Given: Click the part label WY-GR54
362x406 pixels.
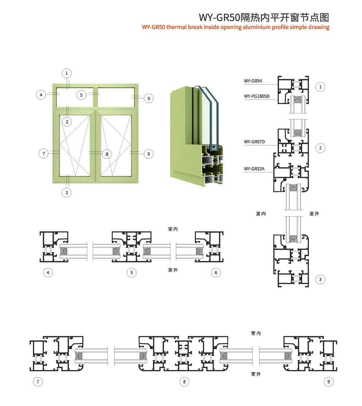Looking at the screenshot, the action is [x=253, y=81].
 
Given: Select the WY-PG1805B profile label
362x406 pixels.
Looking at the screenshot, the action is [x=257, y=96].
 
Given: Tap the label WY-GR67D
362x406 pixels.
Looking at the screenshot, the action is [x=254, y=142].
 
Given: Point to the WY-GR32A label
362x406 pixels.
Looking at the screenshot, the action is [x=254, y=169].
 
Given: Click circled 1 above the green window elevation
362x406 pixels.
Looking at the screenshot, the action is [x=66, y=73].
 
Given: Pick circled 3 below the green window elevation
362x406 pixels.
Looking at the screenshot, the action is [x=66, y=193].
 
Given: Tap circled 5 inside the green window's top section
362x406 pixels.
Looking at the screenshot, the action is [x=81, y=95].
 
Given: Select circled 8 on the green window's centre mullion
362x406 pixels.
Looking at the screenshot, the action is [x=107, y=154].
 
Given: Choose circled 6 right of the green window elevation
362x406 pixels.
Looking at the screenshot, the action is [x=149, y=98].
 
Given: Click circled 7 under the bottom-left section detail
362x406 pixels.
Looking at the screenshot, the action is [x=38, y=382].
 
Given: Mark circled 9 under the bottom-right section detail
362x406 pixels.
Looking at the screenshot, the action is [x=329, y=382].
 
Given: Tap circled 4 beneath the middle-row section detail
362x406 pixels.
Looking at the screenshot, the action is [x=48, y=273].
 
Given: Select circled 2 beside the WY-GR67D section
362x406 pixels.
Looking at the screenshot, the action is [x=320, y=148].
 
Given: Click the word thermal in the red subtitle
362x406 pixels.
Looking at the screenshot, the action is [x=176, y=27].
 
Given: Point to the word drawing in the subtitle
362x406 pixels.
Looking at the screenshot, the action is [x=319, y=27].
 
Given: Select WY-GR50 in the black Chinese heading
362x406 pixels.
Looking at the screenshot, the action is [x=219, y=18].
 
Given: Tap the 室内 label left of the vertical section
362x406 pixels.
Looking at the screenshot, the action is [x=261, y=214].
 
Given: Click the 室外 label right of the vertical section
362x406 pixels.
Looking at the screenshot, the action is [x=314, y=214].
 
